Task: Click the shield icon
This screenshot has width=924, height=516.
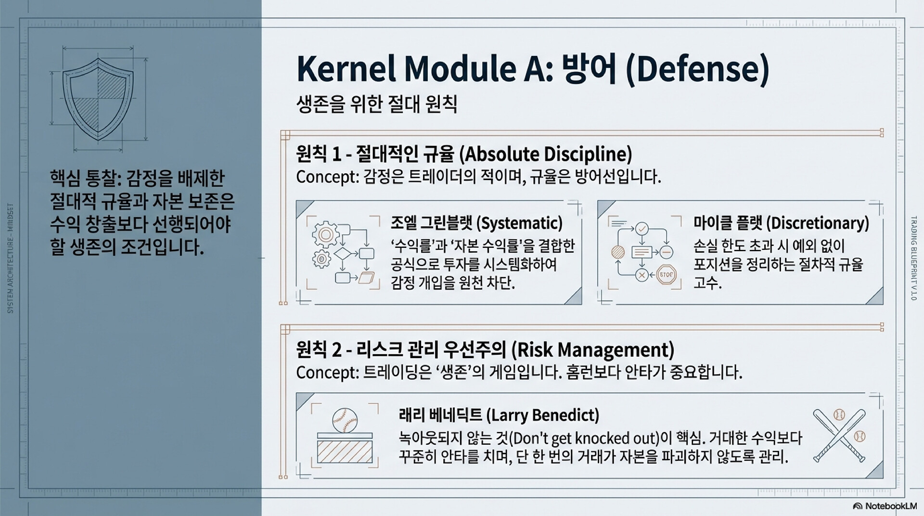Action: point(98,99)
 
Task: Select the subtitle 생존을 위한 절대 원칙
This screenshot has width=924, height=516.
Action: point(377,104)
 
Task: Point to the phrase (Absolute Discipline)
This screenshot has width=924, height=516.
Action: point(546,155)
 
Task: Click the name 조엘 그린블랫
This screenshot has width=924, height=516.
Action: point(432,223)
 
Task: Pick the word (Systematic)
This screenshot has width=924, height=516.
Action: point(519,223)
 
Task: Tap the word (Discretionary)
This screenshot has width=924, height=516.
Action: point(817,223)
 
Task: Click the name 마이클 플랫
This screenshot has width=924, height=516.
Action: point(728,223)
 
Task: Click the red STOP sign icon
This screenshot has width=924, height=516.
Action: point(667,275)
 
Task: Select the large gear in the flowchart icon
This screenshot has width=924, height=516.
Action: point(326,234)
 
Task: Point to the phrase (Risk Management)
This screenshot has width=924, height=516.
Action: point(592,350)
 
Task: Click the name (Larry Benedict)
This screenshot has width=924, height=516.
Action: point(543,415)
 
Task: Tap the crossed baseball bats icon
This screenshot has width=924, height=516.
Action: point(839,436)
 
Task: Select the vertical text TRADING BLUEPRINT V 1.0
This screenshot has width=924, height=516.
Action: point(914,259)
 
